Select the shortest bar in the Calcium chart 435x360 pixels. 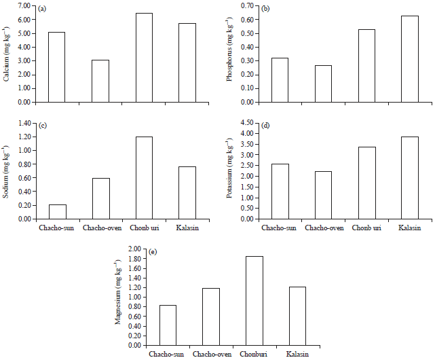click(100, 81)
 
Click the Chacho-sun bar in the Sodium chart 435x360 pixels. click(57, 212)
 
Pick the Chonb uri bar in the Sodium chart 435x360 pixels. click(144, 178)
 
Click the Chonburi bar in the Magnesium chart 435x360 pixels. click(254, 301)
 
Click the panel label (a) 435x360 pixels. click(43, 9)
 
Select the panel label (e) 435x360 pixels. click(153, 252)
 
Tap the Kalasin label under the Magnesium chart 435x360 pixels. click(297, 355)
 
